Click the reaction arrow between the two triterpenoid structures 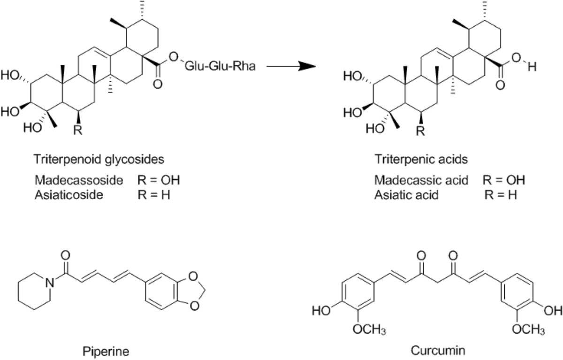(290, 67)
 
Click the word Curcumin (430, 350)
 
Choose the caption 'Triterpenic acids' (421, 160)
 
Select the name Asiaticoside (68, 194)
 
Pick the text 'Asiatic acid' (406, 194)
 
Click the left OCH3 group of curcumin (370, 330)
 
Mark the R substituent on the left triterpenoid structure (78, 130)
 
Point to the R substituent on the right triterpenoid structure (420, 130)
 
